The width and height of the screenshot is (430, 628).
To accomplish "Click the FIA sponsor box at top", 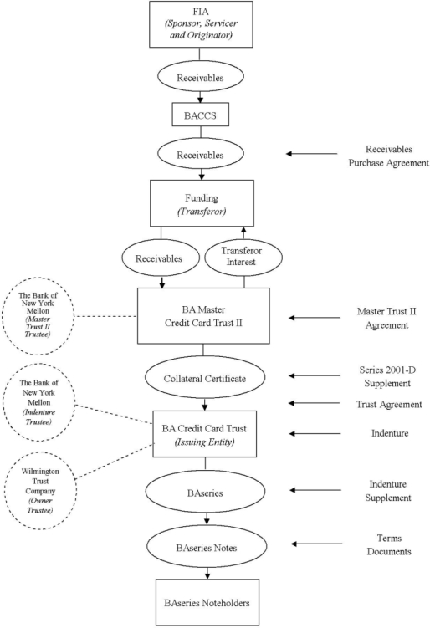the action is click(x=201, y=24).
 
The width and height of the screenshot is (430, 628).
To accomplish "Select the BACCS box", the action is click(x=201, y=115).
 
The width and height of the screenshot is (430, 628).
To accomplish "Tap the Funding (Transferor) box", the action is click(x=202, y=203).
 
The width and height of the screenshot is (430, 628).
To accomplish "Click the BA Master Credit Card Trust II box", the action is click(x=203, y=316).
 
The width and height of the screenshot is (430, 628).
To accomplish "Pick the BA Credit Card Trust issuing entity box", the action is click(x=204, y=434).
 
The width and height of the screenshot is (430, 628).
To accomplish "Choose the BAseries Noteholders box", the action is click(x=207, y=602).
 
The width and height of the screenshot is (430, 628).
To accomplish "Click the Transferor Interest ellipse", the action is click(x=243, y=257).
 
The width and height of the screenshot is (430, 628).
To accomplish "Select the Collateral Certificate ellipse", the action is click(x=205, y=378).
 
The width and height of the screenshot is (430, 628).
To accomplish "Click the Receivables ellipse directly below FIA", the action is click(x=201, y=76).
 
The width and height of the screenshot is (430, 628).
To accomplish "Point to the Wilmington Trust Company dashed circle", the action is click(x=40, y=491).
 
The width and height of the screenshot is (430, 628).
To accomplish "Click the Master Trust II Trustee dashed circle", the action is click(x=38, y=315).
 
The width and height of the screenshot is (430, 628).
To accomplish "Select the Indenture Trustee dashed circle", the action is click(x=38, y=402).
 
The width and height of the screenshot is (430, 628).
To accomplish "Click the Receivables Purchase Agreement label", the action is click(x=388, y=156).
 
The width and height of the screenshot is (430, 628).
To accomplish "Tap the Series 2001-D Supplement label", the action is click(x=387, y=376).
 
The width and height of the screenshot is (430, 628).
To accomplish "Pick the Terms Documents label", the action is click(x=389, y=544).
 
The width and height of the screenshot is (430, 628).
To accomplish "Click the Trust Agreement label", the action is click(x=389, y=404).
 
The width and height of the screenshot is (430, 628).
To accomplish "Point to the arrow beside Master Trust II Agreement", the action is click(x=315, y=318).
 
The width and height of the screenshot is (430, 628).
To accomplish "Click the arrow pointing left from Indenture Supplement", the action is click(x=315, y=490).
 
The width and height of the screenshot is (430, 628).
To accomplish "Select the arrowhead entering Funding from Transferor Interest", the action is click(x=243, y=229).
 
